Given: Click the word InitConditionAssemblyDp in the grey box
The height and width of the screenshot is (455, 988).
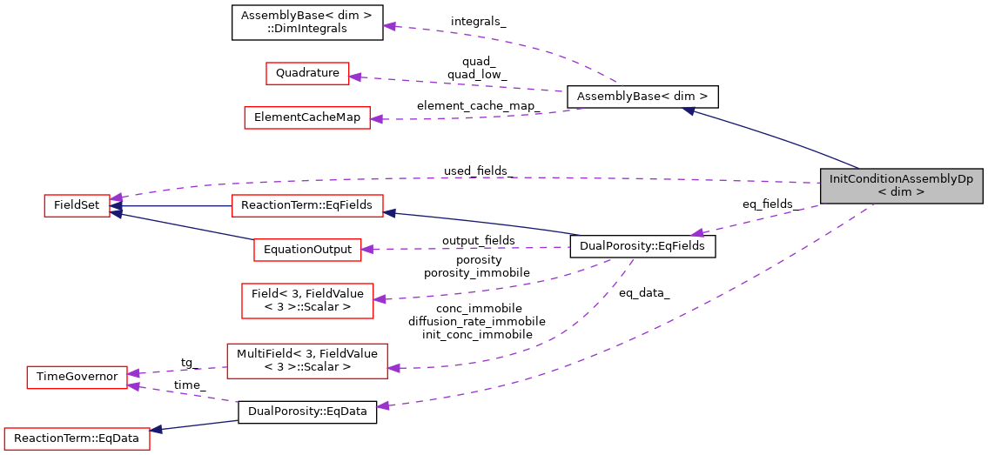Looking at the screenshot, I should coord(901,179).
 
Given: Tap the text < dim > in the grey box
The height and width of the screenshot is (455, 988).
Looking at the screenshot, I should coord(901,192).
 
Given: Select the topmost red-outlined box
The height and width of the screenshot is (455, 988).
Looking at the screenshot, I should coord(307,74).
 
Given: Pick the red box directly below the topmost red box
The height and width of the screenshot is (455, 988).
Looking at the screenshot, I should coord(306,118).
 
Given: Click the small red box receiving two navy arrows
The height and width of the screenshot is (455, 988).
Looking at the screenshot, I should coord(77,206).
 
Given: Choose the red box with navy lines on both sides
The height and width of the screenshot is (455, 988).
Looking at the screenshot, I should coord(307,206).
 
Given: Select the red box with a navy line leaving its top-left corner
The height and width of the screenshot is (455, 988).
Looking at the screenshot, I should coord(307,251).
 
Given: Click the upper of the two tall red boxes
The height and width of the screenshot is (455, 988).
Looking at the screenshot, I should coord(307,301).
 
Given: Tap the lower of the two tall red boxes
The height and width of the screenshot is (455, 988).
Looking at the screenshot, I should coord(306,361).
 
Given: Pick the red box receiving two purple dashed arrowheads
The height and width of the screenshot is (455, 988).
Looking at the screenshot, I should coord(77,378).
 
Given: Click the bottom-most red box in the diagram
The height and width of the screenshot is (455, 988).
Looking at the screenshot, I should coord(77,439).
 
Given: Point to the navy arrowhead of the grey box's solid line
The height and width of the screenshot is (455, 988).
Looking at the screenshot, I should coord(688,110).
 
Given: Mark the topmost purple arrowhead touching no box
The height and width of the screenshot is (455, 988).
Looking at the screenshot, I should coord(390,26).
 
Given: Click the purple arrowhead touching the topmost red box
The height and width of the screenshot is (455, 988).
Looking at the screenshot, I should coord(355,77).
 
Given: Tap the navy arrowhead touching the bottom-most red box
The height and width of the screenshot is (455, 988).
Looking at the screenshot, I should coord(157,430).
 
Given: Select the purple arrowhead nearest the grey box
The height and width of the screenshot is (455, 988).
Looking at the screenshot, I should coord(697,233).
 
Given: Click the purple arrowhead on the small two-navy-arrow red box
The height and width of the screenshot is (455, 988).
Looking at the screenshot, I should coord(116,198).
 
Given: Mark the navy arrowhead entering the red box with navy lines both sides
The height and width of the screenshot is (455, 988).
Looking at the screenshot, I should coord(390,212).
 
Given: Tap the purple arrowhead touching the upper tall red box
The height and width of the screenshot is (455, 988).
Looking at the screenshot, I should coord(380,299).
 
